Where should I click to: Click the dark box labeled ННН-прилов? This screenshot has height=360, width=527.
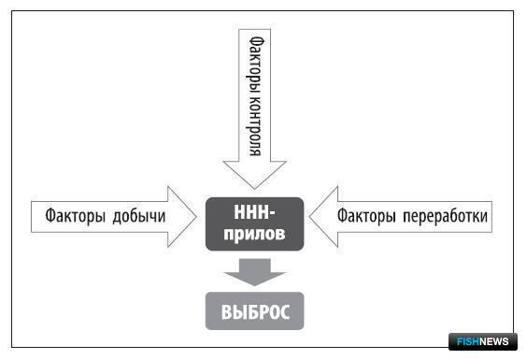pyautogui.click(x=254, y=223)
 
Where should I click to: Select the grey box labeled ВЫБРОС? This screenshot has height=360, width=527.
pyautogui.click(x=254, y=310)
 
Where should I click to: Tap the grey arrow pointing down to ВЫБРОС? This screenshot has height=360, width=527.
pyautogui.click(x=254, y=272)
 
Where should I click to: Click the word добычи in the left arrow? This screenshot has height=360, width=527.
pyautogui.click(x=139, y=216)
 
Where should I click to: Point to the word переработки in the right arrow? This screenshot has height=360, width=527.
pyautogui.click(x=445, y=216)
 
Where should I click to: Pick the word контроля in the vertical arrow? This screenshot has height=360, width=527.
pyautogui.click(x=255, y=126)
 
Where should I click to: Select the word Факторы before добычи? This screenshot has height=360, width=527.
pyautogui.click(x=76, y=216)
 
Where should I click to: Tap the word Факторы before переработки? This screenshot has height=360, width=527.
pyautogui.click(x=366, y=216)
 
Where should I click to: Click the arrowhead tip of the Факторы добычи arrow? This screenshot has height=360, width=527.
pyautogui.click(x=196, y=217)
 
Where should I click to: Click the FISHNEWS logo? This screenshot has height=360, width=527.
pyautogui.click(x=483, y=342)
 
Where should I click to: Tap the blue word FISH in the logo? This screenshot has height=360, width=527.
pyautogui.click(x=468, y=342)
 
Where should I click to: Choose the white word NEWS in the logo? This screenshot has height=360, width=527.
pyautogui.click(x=493, y=342)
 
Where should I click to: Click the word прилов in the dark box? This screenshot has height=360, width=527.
pyautogui.click(x=254, y=234)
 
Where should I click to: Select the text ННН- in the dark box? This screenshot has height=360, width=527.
pyautogui.click(x=254, y=213)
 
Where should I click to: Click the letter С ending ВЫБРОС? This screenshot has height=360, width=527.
pyautogui.click(x=284, y=312)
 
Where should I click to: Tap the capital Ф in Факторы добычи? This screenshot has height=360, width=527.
pyautogui.click(x=50, y=215)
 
